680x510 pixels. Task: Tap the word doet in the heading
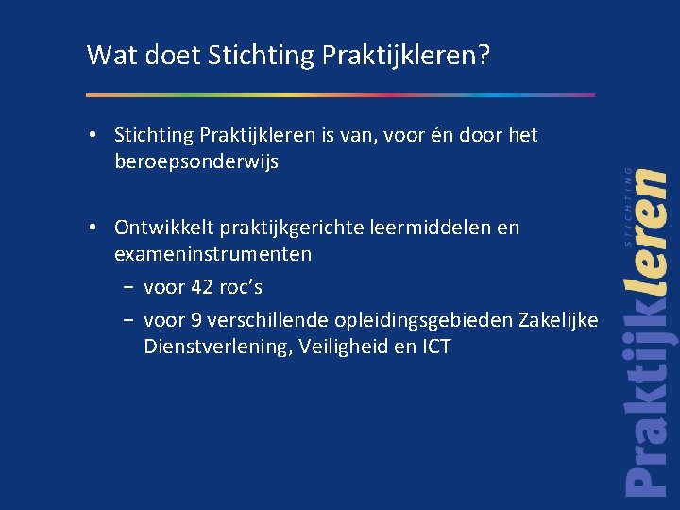point(165,56)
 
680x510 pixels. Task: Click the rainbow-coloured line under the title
point(340,94)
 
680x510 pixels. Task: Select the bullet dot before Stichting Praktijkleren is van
point(97,135)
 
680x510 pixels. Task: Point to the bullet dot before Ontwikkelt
point(97,228)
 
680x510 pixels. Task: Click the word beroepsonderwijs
point(196,161)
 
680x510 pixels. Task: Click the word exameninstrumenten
point(213,254)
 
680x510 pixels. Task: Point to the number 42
point(203,287)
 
